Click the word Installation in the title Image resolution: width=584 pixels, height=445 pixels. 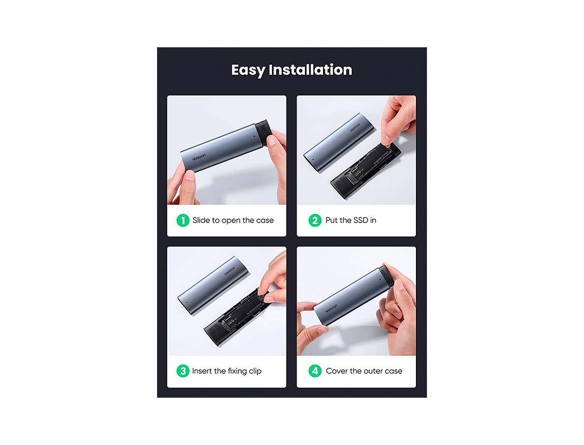(310, 70)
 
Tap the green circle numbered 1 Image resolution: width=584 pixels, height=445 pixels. (183, 220)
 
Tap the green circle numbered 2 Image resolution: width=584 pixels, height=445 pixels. (315, 220)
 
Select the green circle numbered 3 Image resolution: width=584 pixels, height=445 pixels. (183, 371)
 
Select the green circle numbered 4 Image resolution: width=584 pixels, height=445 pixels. (315, 371)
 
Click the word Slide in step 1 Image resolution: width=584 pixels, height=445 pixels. (201, 220)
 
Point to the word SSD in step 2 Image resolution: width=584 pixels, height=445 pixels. (361, 220)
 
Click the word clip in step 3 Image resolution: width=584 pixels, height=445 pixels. (255, 371)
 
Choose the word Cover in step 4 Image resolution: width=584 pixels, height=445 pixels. (337, 371)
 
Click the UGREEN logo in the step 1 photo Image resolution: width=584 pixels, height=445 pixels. (199, 157)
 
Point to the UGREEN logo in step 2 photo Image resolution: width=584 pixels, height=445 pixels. (355, 128)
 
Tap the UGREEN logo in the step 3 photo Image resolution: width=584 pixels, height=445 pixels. (230, 271)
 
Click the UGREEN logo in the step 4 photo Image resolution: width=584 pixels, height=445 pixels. (332, 308)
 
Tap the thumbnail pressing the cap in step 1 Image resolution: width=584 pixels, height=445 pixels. (272, 140)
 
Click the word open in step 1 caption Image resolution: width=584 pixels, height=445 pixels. (231, 220)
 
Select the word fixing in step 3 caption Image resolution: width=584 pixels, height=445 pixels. (237, 371)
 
